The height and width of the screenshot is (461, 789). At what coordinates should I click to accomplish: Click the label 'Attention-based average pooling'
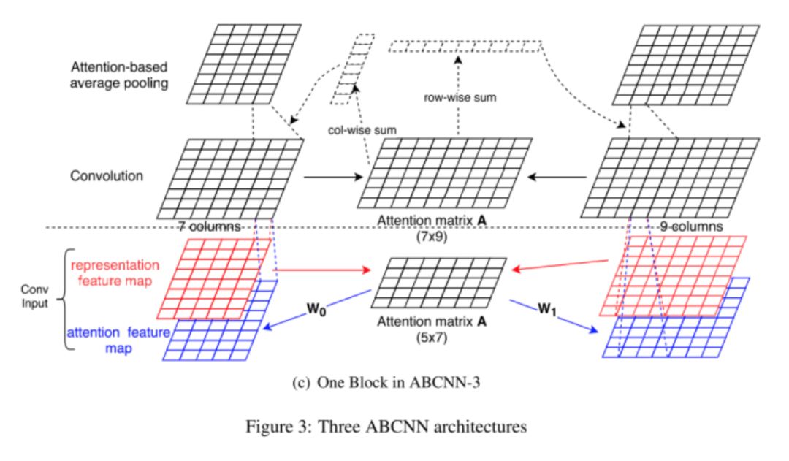pos(120,74)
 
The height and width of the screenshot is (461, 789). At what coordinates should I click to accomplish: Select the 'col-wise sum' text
pos(361,130)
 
